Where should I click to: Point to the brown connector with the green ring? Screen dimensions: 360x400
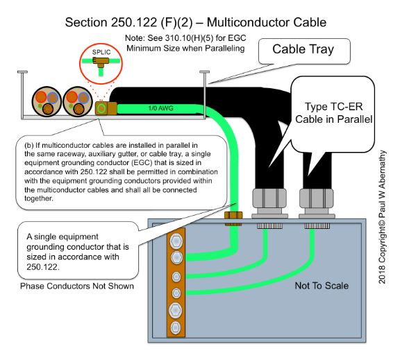pos(102,108)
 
